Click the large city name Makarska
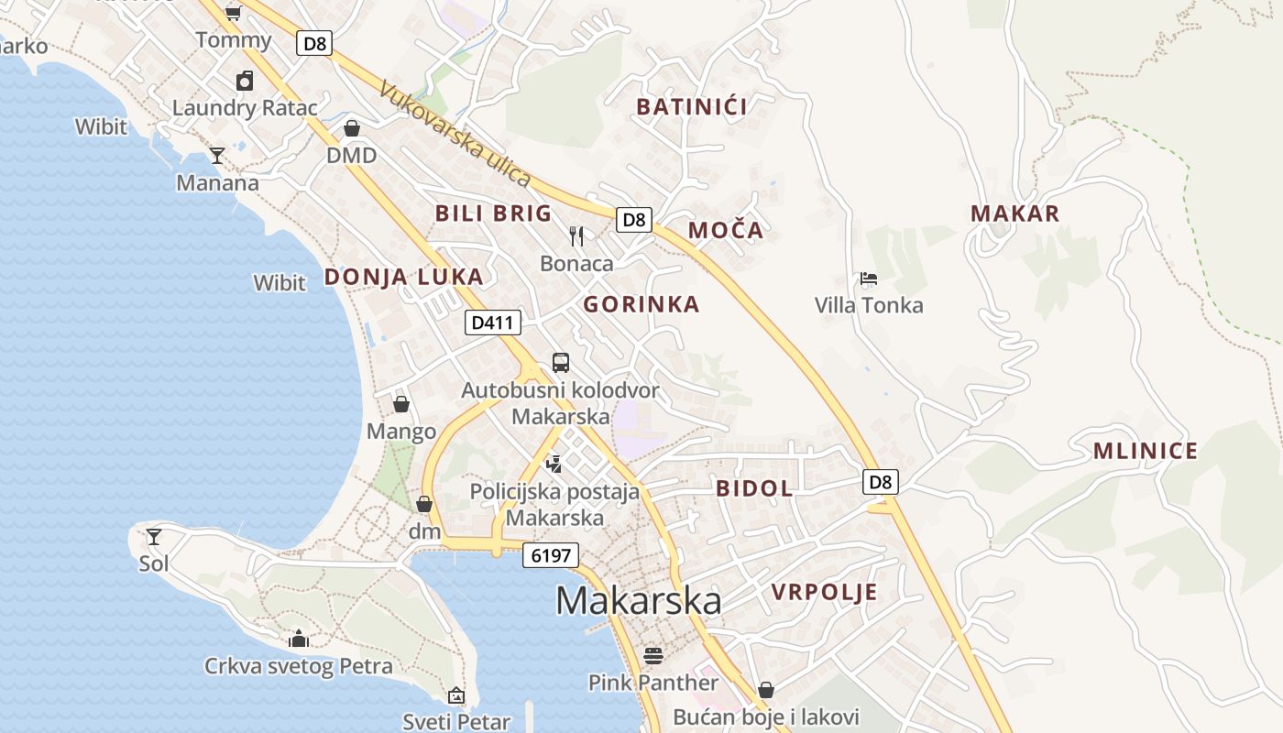pyautogui.click(x=638, y=601)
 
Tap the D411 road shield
pyautogui.click(x=493, y=323)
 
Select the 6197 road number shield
pyautogui.click(x=551, y=554)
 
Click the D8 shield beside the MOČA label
pyautogui.click(x=634, y=220)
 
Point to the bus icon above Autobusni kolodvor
pyautogui.click(x=560, y=362)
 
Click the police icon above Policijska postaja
pyautogui.click(x=553, y=465)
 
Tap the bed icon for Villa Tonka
pyautogui.click(x=868, y=279)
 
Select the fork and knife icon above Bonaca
pyautogui.click(x=576, y=236)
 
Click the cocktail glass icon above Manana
pyautogui.click(x=217, y=155)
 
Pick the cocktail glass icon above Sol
pyautogui.click(x=154, y=536)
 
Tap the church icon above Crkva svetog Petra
pyautogui.click(x=298, y=639)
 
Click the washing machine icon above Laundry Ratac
pyautogui.click(x=245, y=81)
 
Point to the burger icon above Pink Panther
pyautogui.click(x=652, y=655)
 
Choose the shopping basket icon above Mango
pyautogui.click(x=401, y=403)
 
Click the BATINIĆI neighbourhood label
pyautogui.click(x=692, y=106)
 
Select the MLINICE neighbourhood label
pyautogui.click(x=1145, y=451)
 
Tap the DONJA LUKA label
pyautogui.click(x=403, y=277)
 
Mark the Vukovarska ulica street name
pyautogui.click(x=455, y=135)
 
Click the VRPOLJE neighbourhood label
pyautogui.click(x=824, y=592)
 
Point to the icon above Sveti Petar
pyautogui.click(x=456, y=695)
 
